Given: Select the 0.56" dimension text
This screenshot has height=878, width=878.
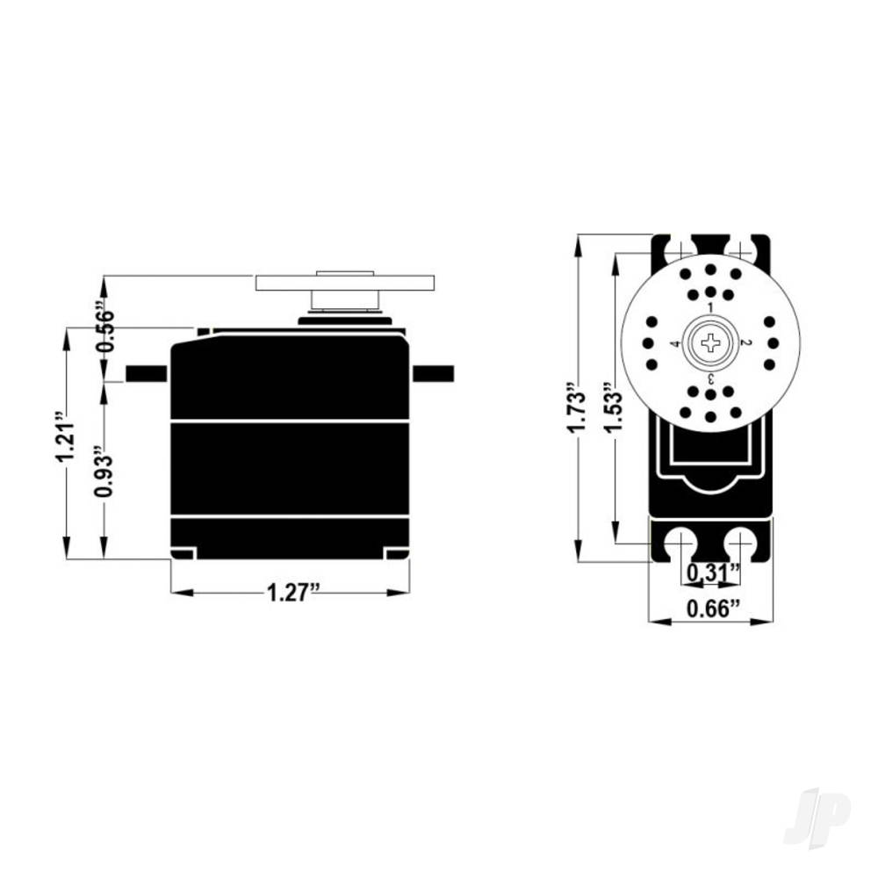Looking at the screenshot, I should tap(104, 330).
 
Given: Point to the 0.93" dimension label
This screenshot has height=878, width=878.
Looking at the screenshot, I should tap(104, 476).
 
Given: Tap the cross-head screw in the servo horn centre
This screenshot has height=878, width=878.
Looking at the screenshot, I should tap(709, 343).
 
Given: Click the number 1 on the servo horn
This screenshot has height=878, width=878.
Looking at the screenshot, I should tap(709, 307).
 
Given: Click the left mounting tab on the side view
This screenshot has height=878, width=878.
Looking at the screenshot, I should tap(147, 373).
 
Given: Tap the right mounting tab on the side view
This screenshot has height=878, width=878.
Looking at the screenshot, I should tap(433, 373).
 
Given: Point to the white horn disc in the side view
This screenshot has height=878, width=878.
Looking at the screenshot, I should tap(345, 283).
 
